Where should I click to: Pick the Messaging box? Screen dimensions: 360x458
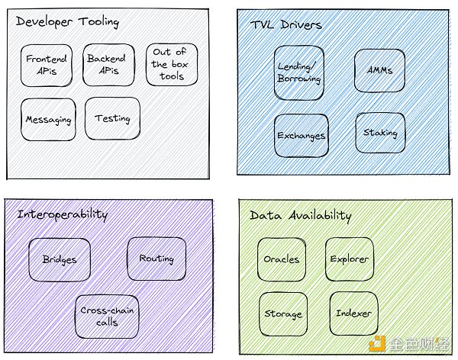pyautogui.click(x=47, y=119)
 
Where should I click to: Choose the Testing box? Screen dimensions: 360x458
pyautogui.click(x=112, y=118)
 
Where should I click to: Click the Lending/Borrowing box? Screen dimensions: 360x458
pyautogui.click(x=300, y=72)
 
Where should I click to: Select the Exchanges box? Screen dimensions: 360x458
pyautogui.click(x=302, y=136)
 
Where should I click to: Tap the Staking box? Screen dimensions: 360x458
pyautogui.click(x=379, y=133)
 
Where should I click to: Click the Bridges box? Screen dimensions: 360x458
pyautogui.click(x=60, y=259)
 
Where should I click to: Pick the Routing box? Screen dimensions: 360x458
pyautogui.click(x=156, y=259)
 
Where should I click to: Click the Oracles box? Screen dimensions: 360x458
pyautogui.click(x=282, y=259)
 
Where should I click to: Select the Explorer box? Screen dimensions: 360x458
pyautogui.click(x=350, y=259)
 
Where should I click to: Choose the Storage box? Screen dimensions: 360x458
pyautogui.click(x=282, y=313)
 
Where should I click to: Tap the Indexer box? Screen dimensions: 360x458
pyautogui.click(x=353, y=313)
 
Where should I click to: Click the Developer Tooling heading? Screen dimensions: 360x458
pyautogui.click(x=68, y=22)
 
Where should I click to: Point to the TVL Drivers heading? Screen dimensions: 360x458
pyautogui.click(x=287, y=24)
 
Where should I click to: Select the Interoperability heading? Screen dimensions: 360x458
pyautogui.click(x=63, y=214)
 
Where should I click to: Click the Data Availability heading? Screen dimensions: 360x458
pyautogui.click(x=301, y=216)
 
